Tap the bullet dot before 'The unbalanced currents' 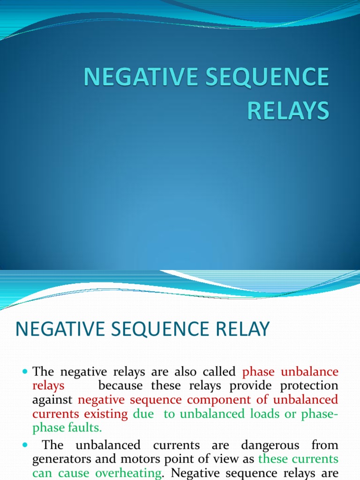point(25,444)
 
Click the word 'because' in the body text point(121,386)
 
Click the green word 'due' point(143,414)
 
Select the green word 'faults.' point(84,427)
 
